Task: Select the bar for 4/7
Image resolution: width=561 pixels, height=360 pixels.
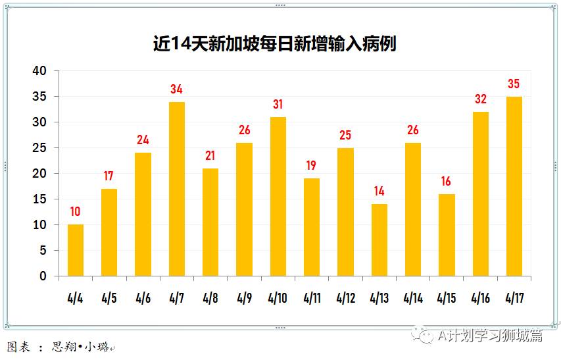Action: click(x=176, y=189)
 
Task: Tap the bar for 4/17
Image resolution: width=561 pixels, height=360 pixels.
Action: click(x=514, y=186)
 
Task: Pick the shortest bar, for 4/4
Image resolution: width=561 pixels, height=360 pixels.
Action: click(x=75, y=250)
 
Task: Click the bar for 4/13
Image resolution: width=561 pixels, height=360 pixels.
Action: click(x=379, y=240)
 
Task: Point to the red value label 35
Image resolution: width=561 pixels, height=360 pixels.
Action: click(x=514, y=84)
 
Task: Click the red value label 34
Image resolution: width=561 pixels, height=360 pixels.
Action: click(x=176, y=89)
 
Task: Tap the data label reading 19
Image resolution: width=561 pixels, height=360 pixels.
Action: click(x=311, y=165)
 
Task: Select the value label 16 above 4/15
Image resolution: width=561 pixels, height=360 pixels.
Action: click(x=447, y=181)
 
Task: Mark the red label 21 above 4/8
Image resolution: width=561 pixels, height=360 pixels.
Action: click(x=210, y=155)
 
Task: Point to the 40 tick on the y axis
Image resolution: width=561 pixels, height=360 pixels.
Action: click(x=40, y=71)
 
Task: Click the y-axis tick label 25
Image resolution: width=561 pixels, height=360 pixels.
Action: click(x=40, y=148)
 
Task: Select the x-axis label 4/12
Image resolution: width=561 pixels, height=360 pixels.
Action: click(x=345, y=298)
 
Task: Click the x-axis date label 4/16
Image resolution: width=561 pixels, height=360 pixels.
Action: click(x=480, y=298)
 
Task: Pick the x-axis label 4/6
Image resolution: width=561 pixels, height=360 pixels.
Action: click(x=143, y=298)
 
